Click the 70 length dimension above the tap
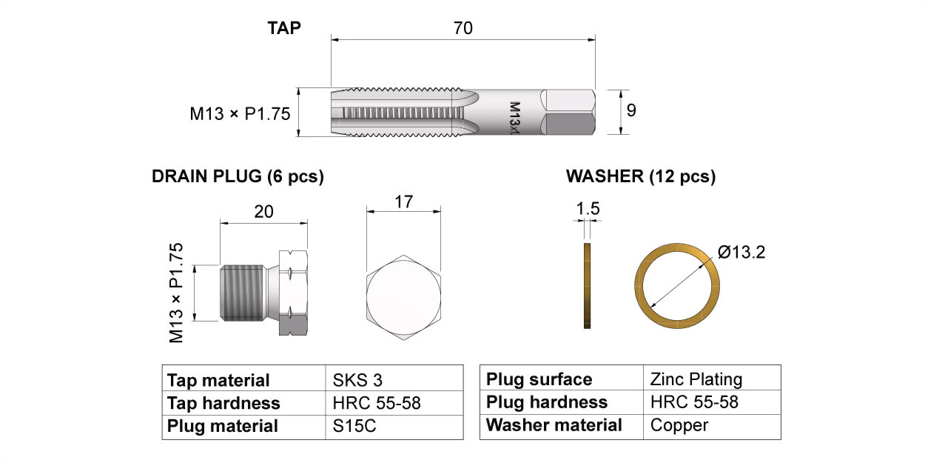463,28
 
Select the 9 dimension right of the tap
631,110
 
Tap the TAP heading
284,28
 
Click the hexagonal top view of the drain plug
403,297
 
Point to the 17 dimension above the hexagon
403,201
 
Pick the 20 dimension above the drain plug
263,212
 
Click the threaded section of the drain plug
242,293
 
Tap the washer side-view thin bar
588,286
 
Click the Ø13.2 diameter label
741,252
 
